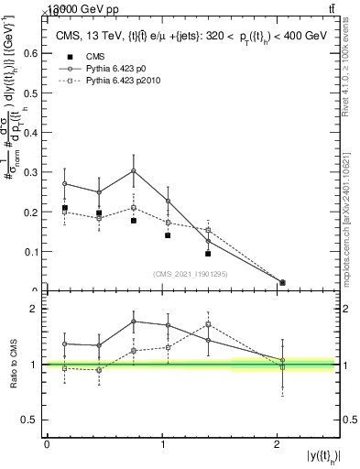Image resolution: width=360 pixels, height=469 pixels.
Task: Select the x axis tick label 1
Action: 162,443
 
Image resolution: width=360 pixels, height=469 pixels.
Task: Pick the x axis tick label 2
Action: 278,443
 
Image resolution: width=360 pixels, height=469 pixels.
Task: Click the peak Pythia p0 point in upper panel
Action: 134,170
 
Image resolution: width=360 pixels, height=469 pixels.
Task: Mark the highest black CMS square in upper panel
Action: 64,208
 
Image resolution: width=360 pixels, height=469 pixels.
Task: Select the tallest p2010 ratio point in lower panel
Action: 209,324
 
